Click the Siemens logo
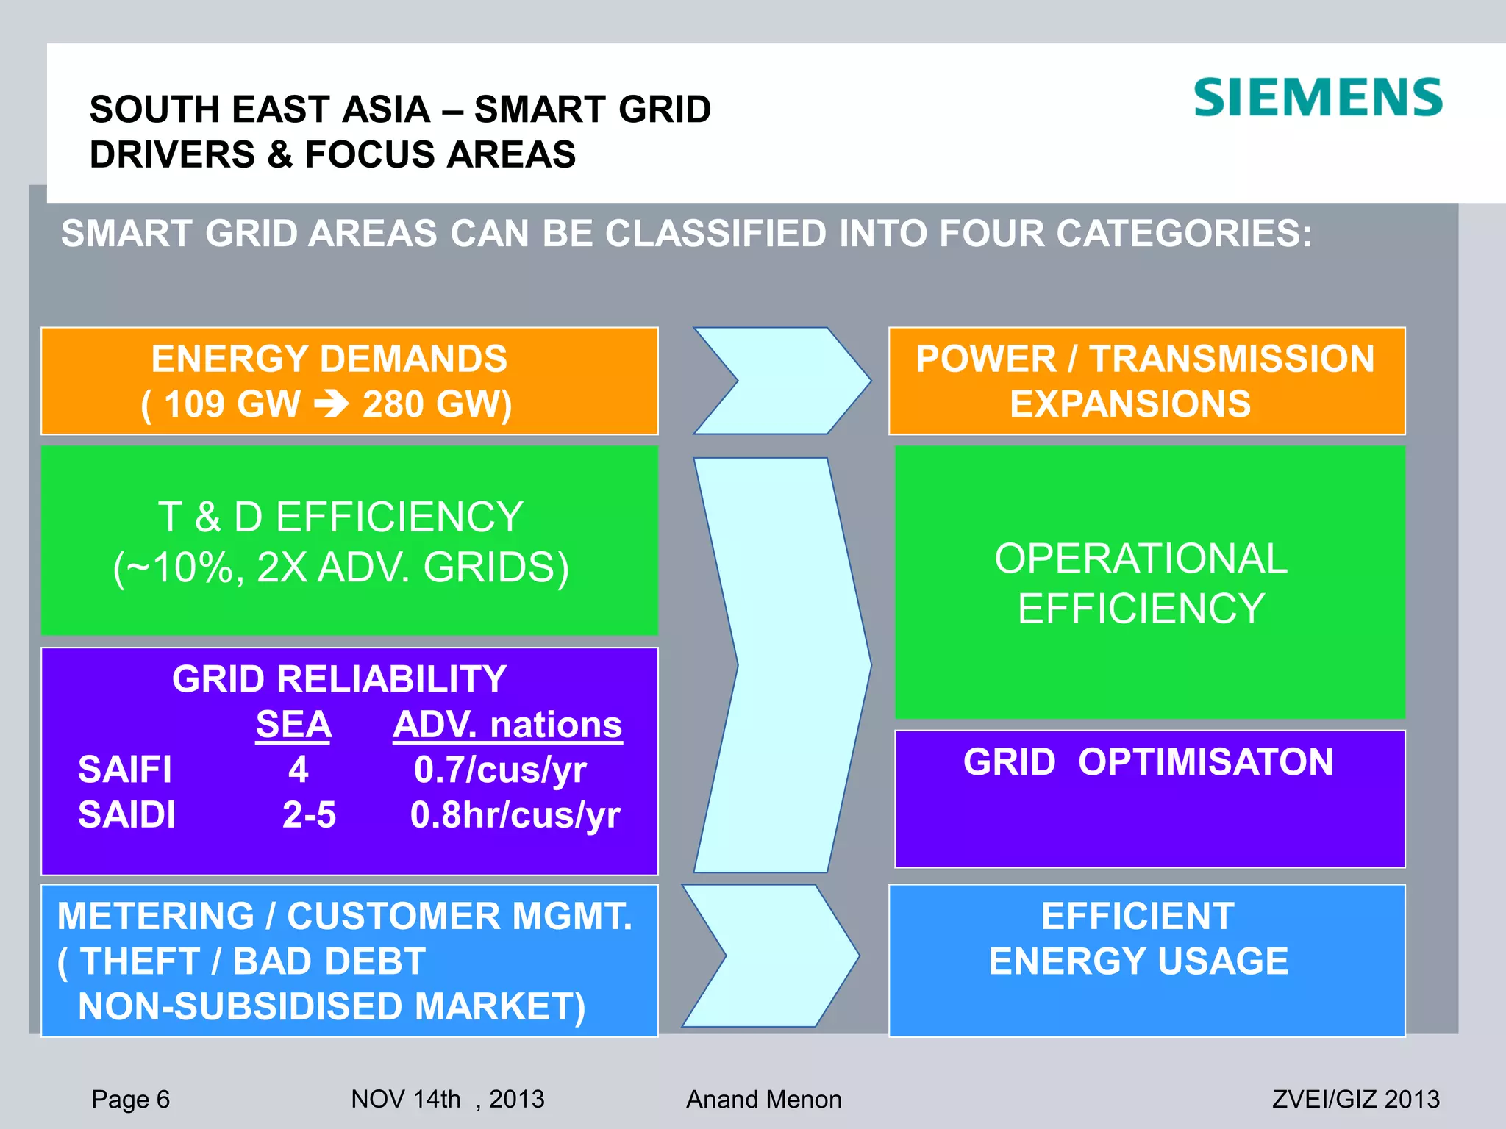tap(1317, 98)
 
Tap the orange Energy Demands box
tap(349, 381)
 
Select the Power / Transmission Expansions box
tap(1146, 381)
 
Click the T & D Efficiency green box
tap(349, 540)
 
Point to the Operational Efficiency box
tap(1149, 582)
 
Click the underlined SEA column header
tap(293, 725)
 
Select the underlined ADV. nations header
tap(507, 725)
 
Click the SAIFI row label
tap(125, 770)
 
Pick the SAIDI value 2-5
tap(309, 815)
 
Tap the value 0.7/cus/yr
tap(500, 770)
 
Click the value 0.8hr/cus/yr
tap(515, 815)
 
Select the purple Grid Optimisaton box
tap(1149, 799)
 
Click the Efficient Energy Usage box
tap(1146, 960)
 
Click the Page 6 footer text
tap(130, 1099)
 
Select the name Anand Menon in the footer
tap(763, 1099)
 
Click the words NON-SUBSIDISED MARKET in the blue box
tap(331, 1006)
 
